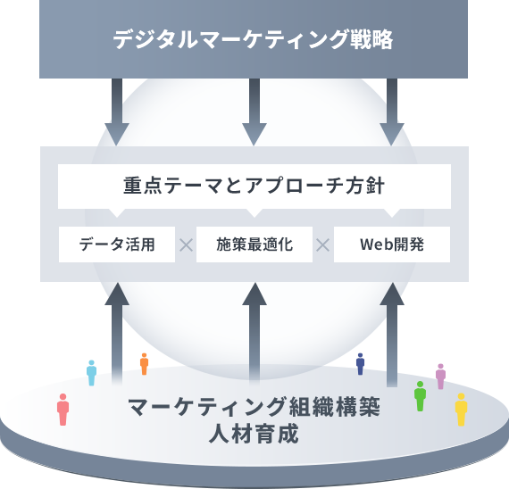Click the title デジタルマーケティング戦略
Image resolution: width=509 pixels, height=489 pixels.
(x=253, y=39)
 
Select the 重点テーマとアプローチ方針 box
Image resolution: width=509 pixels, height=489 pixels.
(x=254, y=186)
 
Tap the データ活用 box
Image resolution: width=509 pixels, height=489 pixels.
(x=117, y=244)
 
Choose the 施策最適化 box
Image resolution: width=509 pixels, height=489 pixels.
(x=254, y=244)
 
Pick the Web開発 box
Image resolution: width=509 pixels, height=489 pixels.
(x=392, y=244)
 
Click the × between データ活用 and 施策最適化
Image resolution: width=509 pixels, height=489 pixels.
(x=186, y=245)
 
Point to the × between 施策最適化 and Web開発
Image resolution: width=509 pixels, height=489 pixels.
(x=323, y=245)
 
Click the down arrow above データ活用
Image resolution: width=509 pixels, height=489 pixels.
(x=117, y=112)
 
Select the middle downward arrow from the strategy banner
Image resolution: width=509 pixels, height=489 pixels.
(x=254, y=112)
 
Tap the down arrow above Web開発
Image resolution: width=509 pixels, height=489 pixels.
(x=392, y=112)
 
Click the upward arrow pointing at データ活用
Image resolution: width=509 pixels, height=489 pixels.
(x=117, y=335)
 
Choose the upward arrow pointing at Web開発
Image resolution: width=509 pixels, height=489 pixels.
(x=392, y=335)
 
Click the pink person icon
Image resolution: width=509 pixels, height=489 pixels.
(x=63, y=410)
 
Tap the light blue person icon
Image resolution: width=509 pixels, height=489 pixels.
(x=92, y=373)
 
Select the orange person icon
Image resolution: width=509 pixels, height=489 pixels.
(x=144, y=364)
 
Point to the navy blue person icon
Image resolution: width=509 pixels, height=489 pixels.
(x=360, y=364)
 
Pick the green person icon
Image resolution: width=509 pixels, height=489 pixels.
(x=420, y=396)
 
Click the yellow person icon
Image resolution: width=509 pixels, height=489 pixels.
(x=461, y=410)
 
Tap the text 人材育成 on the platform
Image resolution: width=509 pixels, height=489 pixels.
(x=254, y=435)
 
